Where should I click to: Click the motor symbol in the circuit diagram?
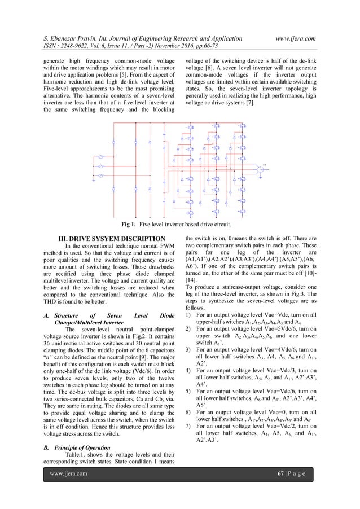pyautogui.click(x=261, y=169)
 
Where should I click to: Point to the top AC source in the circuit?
pyautogui.click(x=101, y=156)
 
